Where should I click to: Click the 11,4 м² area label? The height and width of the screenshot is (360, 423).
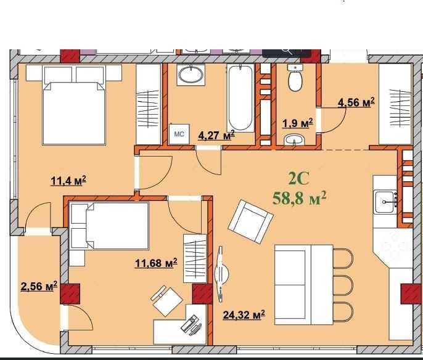[x=68, y=181]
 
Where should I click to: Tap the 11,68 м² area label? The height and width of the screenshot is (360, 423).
[x=156, y=263]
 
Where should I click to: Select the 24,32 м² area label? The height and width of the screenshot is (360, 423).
[x=244, y=314]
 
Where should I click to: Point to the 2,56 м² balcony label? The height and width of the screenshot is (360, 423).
[x=39, y=286]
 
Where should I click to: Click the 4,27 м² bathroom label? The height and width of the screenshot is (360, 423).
[x=216, y=135]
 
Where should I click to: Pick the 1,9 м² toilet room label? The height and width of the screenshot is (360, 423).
[x=298, y=123]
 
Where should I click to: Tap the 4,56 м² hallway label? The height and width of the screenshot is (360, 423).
[x=356, y=102]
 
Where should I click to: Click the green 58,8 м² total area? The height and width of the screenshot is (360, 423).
[x=299, y=198]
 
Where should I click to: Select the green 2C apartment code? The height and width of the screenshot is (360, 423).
[x=298, y=179]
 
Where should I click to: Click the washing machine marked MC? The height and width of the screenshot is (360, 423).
[x=179, y=134]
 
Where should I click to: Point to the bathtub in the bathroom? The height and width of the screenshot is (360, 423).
[x=240, y=98]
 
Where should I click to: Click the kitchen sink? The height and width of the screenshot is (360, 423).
[x=385, y=202]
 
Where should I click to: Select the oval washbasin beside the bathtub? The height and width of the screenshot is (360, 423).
[x=191, y=75]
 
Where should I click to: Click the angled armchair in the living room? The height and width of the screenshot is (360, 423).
[x=250, y=222]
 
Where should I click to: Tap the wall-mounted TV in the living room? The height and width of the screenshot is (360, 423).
[x=221, y=274]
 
